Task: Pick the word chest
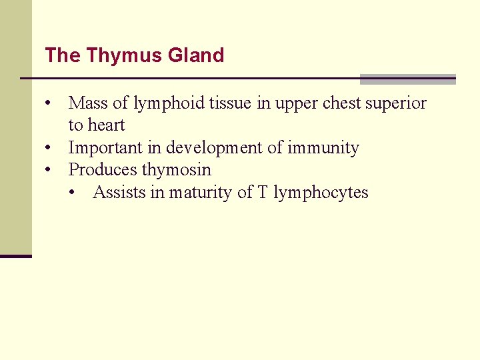[x=341, y=103]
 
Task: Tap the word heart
[x=107, y=125]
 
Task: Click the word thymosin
[x=176, y=170]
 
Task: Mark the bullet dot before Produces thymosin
[x=49, y=171]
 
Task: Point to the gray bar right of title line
[x=407, y=79]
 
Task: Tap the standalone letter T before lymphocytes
[x=263, y=193]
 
